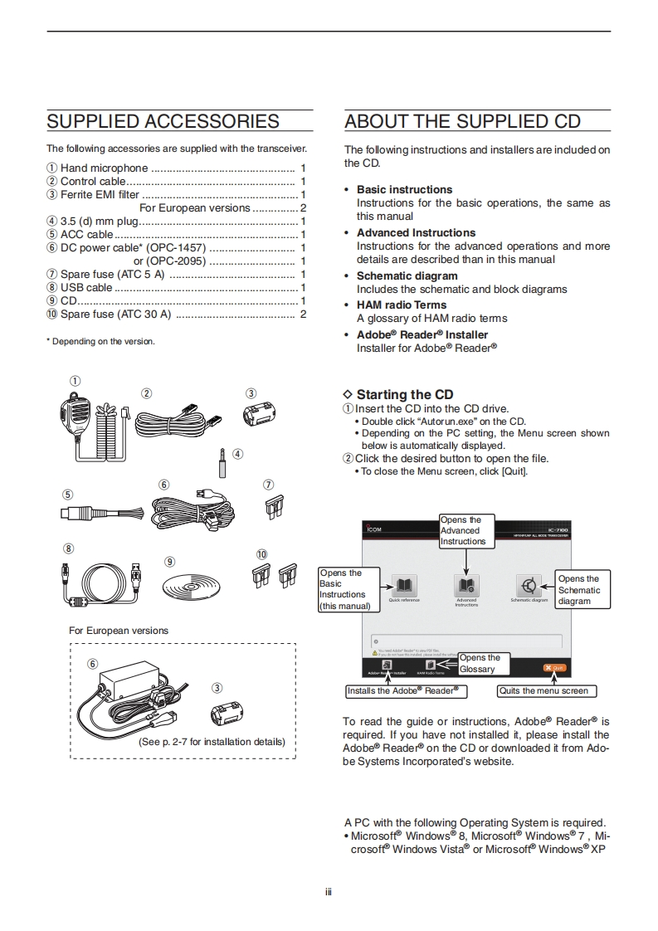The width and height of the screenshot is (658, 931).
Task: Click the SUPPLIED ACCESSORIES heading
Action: tap(163, 122)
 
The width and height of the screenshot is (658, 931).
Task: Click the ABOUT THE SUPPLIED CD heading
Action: tap(462, 122)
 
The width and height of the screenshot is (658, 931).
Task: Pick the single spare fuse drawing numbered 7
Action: tap(269, 507)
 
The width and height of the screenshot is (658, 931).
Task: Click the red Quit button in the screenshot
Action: tap(554, 668)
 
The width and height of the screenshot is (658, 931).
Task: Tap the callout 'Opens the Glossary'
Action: tap(484, 664)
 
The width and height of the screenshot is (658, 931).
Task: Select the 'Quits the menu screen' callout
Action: tap(546, 690)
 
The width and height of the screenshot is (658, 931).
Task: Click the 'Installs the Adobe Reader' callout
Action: tap(402, 690)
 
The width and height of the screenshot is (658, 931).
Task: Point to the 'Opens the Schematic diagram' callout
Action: tap(582, 590)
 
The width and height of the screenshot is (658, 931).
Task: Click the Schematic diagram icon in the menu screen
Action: tap(529, 585)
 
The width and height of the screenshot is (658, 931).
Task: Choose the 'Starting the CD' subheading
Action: tap(404, 395)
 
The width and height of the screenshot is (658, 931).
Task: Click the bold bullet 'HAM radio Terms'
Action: tap(402, 305)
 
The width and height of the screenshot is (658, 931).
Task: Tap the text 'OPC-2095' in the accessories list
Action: tap(178, 261)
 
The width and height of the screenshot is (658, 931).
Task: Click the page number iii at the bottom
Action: tap(329, 892)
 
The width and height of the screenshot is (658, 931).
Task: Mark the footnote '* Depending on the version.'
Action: tap(100, 341)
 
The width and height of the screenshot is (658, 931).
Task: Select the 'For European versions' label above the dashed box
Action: tap(119, 631)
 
